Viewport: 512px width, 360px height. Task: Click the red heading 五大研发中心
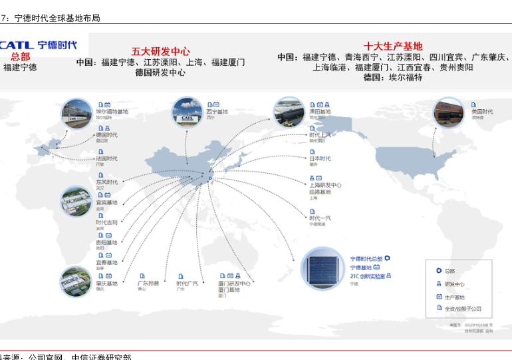click(160, 51)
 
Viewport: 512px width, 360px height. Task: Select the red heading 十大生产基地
click(392, 47)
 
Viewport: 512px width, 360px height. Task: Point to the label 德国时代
click(106, 135)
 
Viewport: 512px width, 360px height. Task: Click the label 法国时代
click(106, 158)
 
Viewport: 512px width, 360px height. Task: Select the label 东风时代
click(106, 182)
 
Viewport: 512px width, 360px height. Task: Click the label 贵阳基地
click(106, 243)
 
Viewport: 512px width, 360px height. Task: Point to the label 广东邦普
click(148, 283)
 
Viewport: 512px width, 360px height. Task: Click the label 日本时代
click(320, 158)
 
